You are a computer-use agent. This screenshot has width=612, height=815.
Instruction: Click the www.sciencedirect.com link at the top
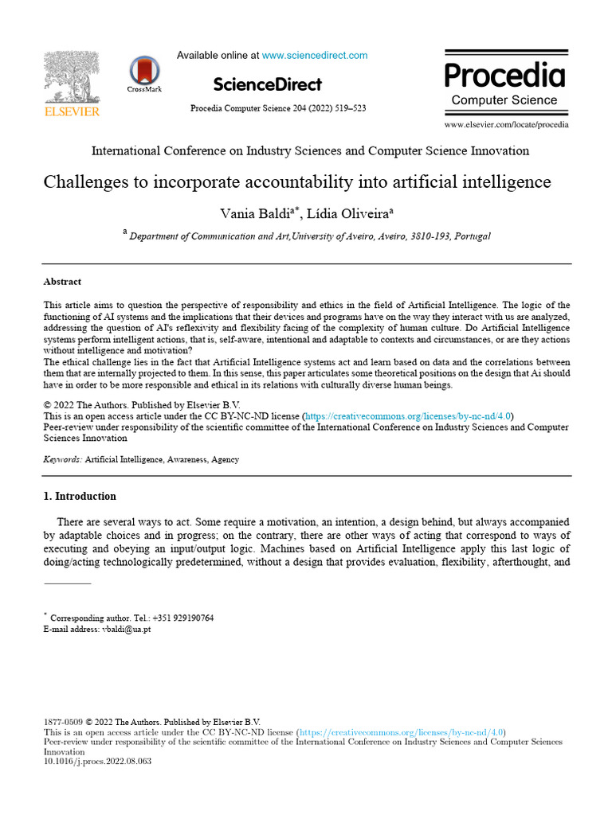[315, 56]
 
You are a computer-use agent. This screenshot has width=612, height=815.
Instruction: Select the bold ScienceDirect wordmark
[268, 84]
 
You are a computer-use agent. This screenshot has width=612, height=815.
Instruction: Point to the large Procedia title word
[504, 76]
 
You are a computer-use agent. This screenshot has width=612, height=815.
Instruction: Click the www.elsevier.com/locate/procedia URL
[507, 124]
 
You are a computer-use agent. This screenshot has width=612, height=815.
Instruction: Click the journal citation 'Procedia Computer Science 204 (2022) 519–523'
[278, 108]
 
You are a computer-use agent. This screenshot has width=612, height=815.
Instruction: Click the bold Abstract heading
[62, 282]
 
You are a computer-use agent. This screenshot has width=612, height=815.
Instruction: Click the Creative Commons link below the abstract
[407, 415]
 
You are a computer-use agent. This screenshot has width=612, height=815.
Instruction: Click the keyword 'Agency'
[225, 459]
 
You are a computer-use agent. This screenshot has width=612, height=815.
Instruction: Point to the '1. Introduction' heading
[79, 497]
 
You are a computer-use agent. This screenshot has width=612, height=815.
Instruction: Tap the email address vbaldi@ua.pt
[126, 629]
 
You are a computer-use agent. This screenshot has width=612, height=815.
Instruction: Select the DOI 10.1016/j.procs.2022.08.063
[96, 761]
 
